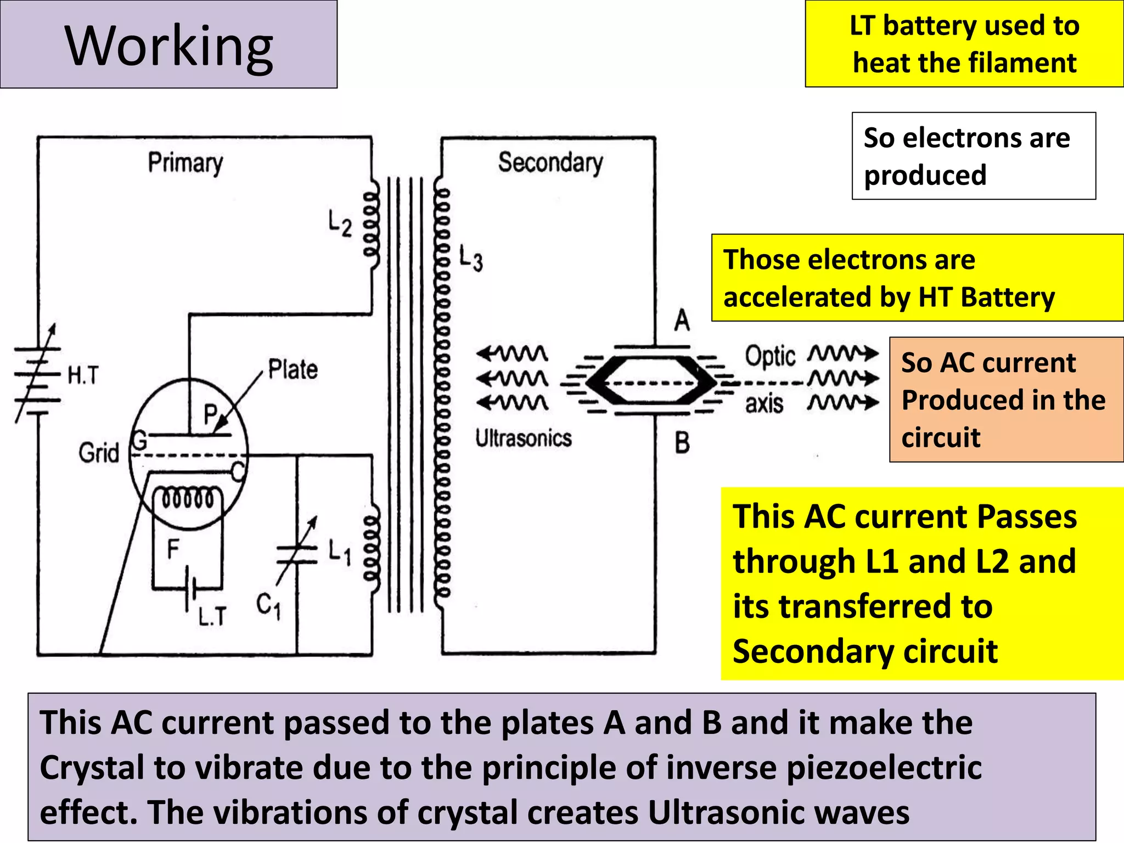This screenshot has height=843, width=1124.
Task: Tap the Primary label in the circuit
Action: (186, 163)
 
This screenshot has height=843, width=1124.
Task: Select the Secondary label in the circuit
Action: (550, 162)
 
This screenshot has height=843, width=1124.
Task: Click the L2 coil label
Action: (339, 224)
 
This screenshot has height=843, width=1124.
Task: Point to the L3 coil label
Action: (470, 258)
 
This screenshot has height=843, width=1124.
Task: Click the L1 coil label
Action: (339, 551)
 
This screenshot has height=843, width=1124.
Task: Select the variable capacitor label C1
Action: (269, 606)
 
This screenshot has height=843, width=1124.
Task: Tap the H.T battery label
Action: (83, 375)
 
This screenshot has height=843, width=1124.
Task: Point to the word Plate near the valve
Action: (293, 369)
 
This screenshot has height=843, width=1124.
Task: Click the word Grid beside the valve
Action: (98, 453)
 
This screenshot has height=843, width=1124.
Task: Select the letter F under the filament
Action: (172, 549)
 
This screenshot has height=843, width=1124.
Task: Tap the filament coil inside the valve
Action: (187, 499)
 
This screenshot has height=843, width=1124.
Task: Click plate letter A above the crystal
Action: (682, 320)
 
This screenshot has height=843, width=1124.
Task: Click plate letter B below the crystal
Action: (682, 442)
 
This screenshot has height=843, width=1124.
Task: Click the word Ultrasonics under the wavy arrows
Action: (523, 439)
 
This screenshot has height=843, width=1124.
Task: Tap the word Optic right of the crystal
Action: (769, 357)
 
